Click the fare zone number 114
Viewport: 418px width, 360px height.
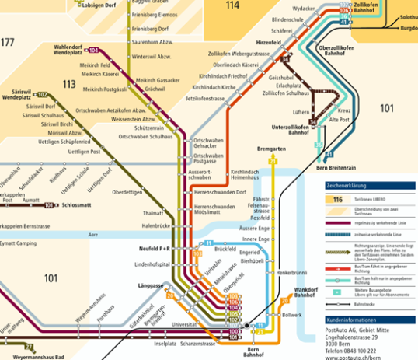[x=232, y=5]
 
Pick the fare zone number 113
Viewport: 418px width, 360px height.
[x=69, y=84]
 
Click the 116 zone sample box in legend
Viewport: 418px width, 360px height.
[x=336, y=200]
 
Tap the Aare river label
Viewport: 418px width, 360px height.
[x=93, y=233]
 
